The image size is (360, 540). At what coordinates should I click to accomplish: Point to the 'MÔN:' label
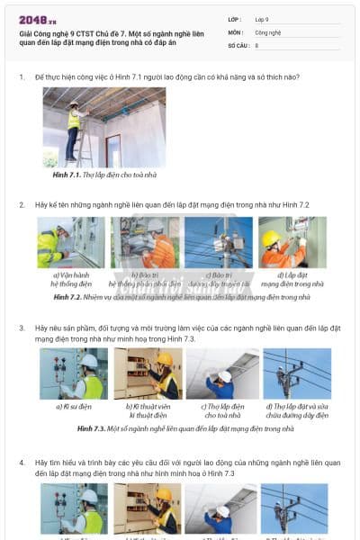pyautogui.click(x=236, y=31)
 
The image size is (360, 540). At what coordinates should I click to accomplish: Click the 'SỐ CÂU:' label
pyautogui.click(x=238, y=44)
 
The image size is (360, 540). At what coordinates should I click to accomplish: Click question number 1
pyautogui.click(x=22, y=76)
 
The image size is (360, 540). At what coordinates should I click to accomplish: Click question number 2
pyautogui.click(x=22, y=205)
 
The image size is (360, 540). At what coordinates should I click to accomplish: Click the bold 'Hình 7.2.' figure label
pyautogui.click(x=67, y=296)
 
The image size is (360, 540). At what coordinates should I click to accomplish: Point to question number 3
pyautogui.click(x=22, y=328)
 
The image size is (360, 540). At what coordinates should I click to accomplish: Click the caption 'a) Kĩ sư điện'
pyautogui.click(x=72, y=408)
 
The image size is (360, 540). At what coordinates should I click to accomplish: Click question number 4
pyautogui.click(x=22, y=463)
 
